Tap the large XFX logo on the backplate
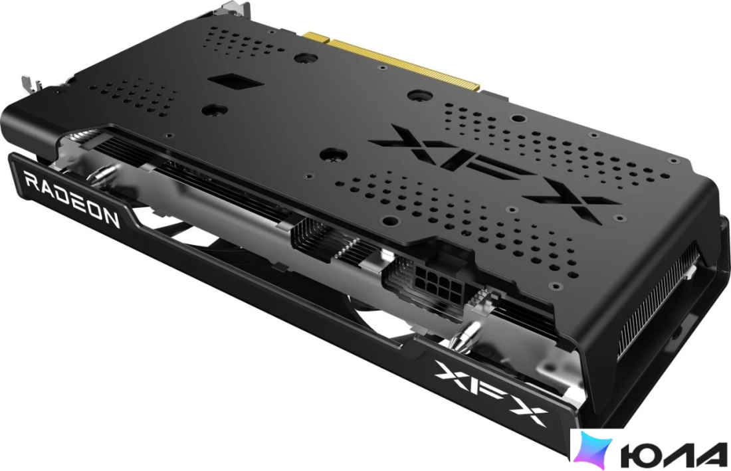(495, 173)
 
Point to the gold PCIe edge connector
(391, 60)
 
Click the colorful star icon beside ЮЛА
(593, 450)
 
